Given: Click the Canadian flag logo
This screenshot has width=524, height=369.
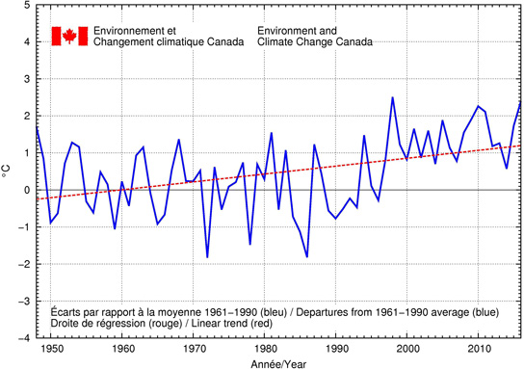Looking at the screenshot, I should click(x=69, y=36).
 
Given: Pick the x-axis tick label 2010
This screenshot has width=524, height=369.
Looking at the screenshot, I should click(x=479, y=350).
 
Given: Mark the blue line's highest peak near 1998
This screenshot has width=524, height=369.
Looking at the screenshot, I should click(x=392, y=97).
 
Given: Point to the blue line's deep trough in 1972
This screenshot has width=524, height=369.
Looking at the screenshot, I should click(x=207, y=257).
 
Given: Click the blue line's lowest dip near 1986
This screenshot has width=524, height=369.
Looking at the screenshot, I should click(x=307, y=257).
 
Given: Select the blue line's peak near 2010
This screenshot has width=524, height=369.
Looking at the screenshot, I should click(x=478, y=106).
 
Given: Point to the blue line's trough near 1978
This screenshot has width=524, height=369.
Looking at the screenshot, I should click(x=250, y=245).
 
